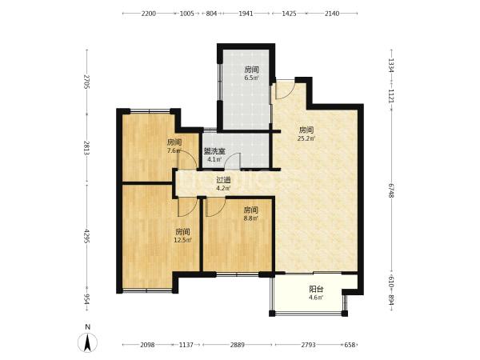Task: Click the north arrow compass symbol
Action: pyautogui.click(x=88, y=342)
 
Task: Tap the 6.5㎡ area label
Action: pyautogui.click(x=251, y=78)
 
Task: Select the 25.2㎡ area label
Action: pyautogui.click(x=306, y=138)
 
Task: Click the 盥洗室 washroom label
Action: pyautogui.click(x=214, y=151)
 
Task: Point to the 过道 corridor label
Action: pyautogui.click(x=223, y=180)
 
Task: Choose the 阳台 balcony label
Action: pyautogui.click(x=316, y=289)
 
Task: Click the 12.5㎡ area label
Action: pyautogui.click(x=182, y=240)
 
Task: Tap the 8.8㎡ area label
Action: pyautogui.click(x=250, y=218)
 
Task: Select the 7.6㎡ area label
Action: pyautogui.click(x=174, y=150)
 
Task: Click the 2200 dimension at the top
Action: pyautogui.click(x=149, y=14)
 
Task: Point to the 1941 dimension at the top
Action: pyautogui.click(x=246, y=14)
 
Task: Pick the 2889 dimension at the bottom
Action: pyautogui.click(x=238, y=345)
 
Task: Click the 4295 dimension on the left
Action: pyautogui.click(x=86, y=236)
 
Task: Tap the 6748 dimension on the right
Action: pyautogui.click(x=391, y=190)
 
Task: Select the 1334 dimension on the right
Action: pyautogui.click(x=391, y=66)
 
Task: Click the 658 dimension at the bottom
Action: pyautogui.click(x=350, y=345)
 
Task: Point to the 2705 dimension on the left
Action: pyautogui.click(x=86, y=82)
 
